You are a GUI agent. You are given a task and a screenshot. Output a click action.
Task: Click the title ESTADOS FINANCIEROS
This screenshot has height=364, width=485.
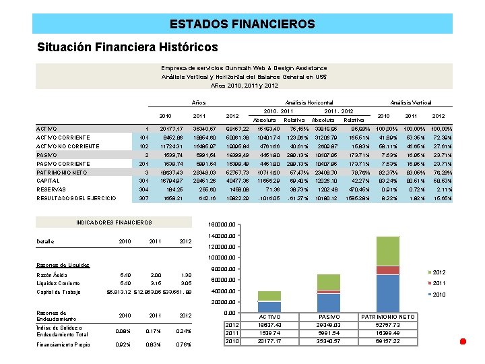242,24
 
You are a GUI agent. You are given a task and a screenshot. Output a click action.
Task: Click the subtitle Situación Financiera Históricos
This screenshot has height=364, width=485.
127,47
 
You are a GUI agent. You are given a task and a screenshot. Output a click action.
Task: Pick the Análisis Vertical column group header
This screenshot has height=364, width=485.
410,102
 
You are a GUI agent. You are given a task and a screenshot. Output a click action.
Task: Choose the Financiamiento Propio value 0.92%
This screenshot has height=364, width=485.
124,345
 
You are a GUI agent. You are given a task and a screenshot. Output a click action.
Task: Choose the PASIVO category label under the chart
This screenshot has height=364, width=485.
328,316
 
